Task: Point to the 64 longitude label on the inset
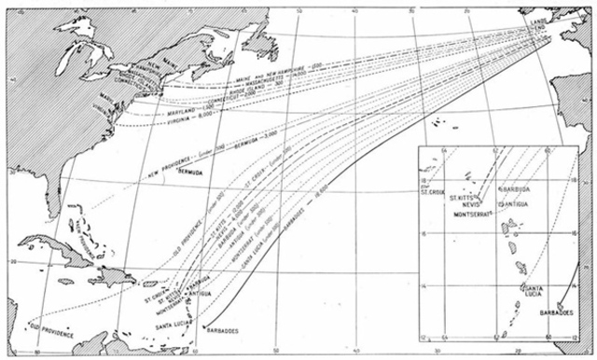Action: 445,151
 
